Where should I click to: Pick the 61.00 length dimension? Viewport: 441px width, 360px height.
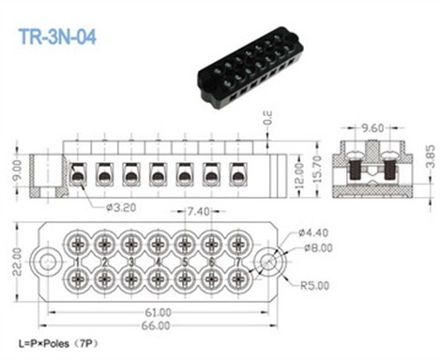[x=159, y=310]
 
